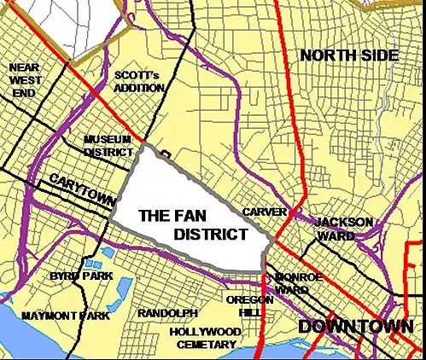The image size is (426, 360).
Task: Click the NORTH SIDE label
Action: tap(349, 55)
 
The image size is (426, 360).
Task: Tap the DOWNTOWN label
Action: tap(355, 326)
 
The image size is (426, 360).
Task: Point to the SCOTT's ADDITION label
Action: tap(137, 81)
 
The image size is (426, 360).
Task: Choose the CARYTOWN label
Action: tap(81, 189)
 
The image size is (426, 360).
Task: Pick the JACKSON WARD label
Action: tap(344, 229)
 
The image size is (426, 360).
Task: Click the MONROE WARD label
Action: tap(298, 283)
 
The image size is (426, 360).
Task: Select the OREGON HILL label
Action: tap(250, 305)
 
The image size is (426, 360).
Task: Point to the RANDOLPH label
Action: tap(167, 313)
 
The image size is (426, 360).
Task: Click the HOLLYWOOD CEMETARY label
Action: tap(205, 337)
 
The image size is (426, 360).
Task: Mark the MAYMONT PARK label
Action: tap(67, 316)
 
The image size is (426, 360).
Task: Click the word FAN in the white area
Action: tap(190, 217)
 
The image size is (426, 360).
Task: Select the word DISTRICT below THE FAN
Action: tap(211, 235)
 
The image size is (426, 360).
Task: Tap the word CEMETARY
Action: tap(206, 344)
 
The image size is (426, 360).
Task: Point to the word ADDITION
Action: tap(137, 88)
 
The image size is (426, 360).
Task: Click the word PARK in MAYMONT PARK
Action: tap(95, 316)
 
